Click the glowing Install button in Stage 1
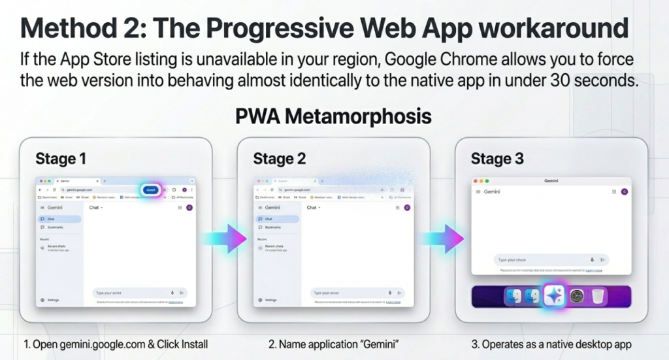[x=151, y=189]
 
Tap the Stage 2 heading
[x=279, y=159]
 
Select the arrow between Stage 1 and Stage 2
[x=225, y=238]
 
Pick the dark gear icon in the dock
[x=577, y=297]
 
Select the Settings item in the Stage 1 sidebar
[x=50, y=300]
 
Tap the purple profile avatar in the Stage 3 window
[x=624, y=192]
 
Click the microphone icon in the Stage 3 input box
[x=592, y=259]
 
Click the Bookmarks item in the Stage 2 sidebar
[x=274, y=227]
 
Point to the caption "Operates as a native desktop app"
[x=550, y=344]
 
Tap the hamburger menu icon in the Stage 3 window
[x=479, y=192]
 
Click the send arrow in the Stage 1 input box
[x=181, y=293]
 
